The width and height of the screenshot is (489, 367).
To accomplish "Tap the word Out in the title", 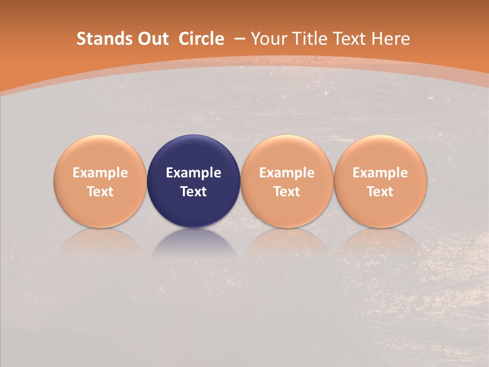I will [x=152, y=39].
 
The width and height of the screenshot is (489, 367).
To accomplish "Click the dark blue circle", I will [x=194, y=153].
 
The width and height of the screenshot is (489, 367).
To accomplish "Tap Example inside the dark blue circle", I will [x=194, y=173].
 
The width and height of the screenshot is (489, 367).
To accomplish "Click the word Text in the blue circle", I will [x=194, y=192].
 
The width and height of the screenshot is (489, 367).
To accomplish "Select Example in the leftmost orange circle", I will [x=100, y=173].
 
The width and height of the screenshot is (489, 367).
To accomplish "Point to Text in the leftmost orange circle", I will [x=100, y=192].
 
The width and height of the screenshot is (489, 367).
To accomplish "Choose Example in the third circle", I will [x=287, y=173].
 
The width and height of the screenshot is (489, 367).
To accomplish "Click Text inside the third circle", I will [x=287, y=192].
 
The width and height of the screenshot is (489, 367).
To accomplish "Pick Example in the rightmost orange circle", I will [x=381, y=173].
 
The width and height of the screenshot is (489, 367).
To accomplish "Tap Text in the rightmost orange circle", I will [x=381, y=192].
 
